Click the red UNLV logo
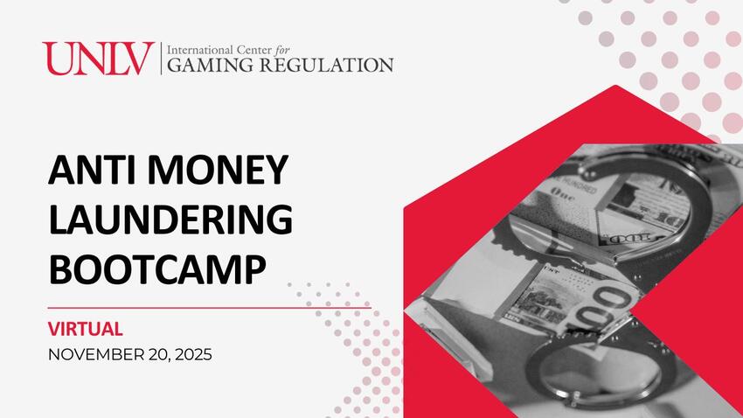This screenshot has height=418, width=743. [x=98, y=59]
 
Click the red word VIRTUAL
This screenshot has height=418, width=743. [x=86, y=330]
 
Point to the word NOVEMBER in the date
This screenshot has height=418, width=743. [x=98, y=355]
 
